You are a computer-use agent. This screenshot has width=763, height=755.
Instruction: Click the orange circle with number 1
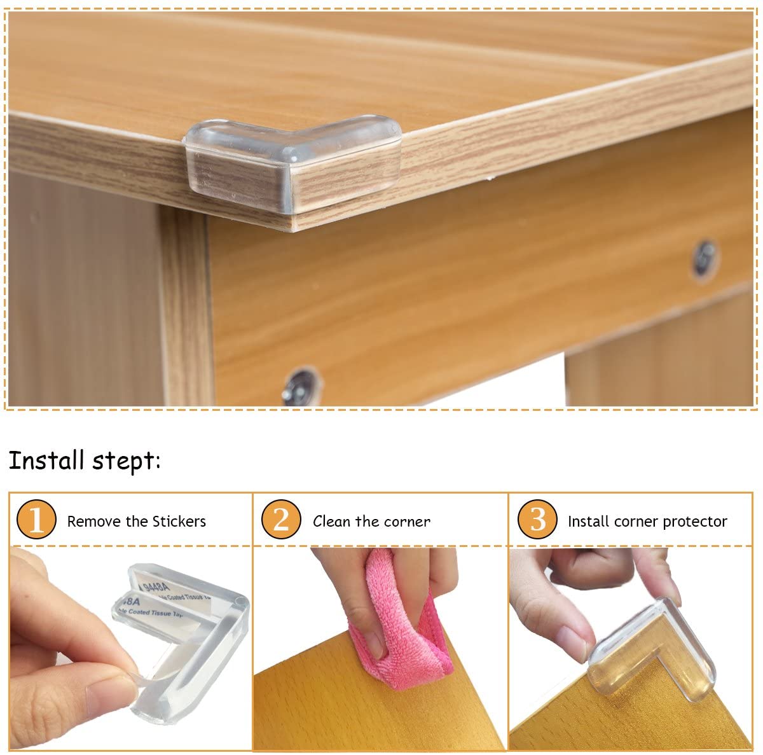[37, 520]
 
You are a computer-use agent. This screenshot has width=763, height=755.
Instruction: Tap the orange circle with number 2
[281, 520]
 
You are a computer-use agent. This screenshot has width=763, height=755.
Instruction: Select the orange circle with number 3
[537, 520]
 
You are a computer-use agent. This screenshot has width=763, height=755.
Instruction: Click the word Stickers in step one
[180, 522]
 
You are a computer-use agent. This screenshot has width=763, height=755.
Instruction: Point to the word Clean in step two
[331, 522]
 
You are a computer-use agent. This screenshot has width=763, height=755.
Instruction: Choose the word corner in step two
[406, 522]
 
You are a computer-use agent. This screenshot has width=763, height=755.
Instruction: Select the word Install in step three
[589, 522]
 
